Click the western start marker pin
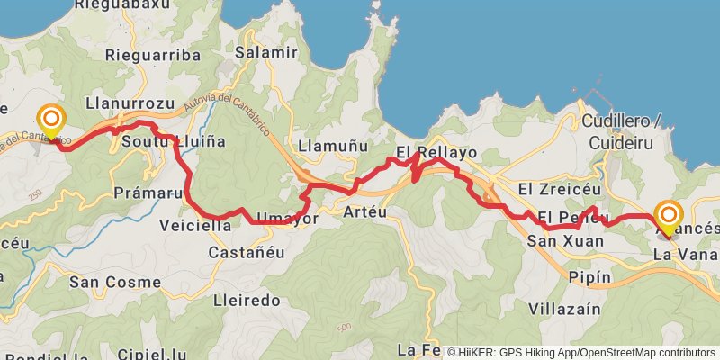51,121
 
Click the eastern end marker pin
669,216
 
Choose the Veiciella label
194,225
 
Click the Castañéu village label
246,253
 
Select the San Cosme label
114,282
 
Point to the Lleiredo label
247,300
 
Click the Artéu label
364,211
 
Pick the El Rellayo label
436,152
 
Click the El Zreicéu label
553,189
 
